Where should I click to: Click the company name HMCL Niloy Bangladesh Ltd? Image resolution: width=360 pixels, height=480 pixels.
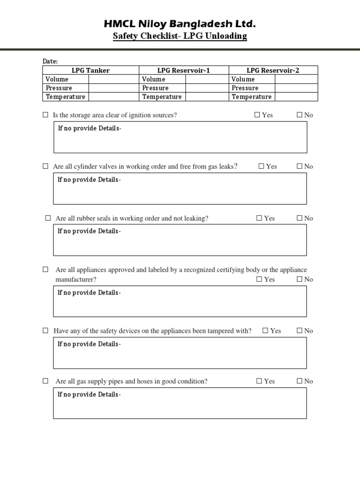pos(180,24)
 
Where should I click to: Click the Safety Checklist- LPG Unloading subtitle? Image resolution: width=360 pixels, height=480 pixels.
pos(180,36)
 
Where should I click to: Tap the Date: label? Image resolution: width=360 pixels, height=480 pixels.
pos(50,61)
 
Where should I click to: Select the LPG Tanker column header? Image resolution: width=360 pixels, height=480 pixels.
pos(90,70)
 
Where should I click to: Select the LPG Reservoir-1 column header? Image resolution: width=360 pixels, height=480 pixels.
pos(184,70)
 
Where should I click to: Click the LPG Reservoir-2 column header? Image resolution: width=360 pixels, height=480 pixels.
pos(273,70)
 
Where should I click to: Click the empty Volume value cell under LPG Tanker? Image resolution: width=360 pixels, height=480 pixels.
pos(113,79)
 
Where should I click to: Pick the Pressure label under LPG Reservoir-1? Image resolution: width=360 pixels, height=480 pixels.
pos(155,88)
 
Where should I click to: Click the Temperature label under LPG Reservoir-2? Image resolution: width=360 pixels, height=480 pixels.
pos(251,97)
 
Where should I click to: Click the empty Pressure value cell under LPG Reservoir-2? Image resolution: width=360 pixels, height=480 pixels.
pos(296,88)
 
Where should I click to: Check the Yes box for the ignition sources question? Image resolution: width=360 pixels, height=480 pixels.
pos(257,115)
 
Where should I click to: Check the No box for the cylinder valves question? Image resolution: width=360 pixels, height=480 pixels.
pos(299,166)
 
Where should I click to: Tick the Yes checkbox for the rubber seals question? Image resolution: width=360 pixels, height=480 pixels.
pos(259,218)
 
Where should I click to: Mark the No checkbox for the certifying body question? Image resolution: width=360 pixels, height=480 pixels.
pos(299,279)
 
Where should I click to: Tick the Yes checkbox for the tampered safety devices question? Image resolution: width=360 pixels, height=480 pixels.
pos(265,330)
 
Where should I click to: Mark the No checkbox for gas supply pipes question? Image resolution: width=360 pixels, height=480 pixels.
pos(299,381)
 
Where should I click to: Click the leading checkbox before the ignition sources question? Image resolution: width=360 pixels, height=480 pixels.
pos(45,115)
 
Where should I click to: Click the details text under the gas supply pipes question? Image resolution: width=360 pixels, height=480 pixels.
pos(89,395)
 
